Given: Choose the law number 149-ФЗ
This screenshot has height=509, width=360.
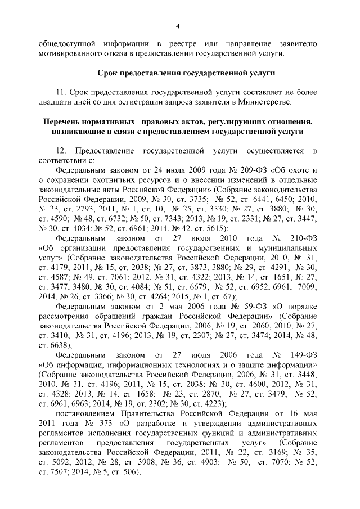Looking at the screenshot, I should coord(304,355).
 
